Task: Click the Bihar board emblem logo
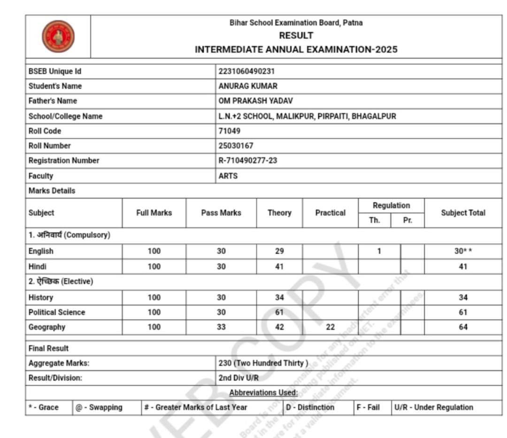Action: click(x=58, y=37)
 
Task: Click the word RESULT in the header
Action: click(x=296, y=36)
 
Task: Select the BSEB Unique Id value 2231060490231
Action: click(x=246, y=71)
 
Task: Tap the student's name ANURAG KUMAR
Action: click(x=248, y=86)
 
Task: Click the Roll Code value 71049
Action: click(x=230, y=131)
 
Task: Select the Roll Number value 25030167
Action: click(x=236, y=146)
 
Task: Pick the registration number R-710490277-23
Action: click(x=247, y=161)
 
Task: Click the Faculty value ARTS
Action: click(x=228, y=176)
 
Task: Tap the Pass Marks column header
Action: click(x=221, y=213)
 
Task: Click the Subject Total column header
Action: click(x=463, y=213)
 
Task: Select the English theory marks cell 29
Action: click(x=279, y=251)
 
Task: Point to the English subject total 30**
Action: click(x=463, y=251)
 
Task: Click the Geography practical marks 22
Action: click(x=330, y=327)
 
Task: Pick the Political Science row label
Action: click(x=57, y=312)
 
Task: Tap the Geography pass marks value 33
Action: click(x=221, y=327)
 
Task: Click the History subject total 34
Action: click(x=463, y=298)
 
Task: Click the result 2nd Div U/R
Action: click(x=238, y=378)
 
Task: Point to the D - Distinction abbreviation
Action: click(x=310, y=407)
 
